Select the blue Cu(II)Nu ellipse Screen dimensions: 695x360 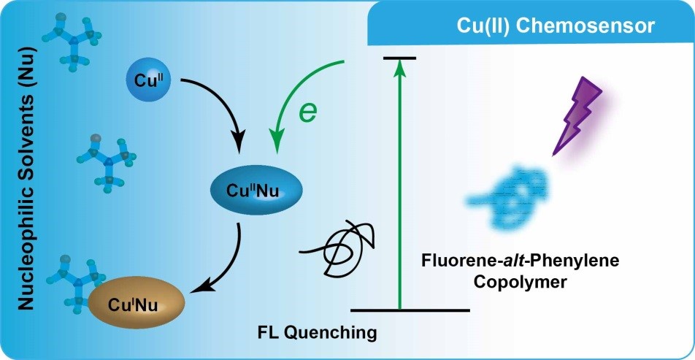(256, 190)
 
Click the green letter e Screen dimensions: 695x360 (307, 112)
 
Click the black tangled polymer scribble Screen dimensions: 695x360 (338, 249)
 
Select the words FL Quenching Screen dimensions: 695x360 (318, 332)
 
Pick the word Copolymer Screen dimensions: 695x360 (520, 282)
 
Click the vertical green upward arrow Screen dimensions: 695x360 (400, 183)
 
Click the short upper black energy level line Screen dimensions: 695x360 (400, 58)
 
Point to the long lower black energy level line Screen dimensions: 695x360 (410, 310)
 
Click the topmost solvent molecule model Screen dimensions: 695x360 (72, 40)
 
